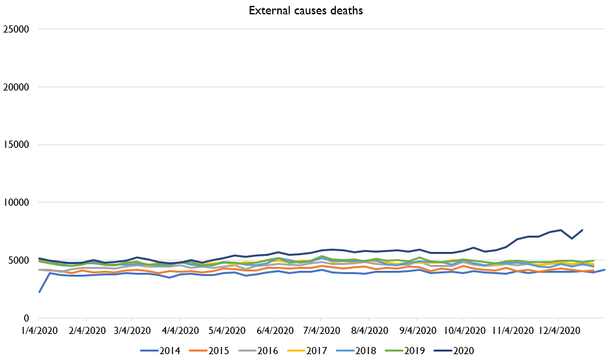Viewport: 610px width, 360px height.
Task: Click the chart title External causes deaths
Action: tap(304, 10)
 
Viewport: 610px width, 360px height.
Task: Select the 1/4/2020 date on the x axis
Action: tap(40, 330)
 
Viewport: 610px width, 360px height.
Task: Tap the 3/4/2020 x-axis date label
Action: tap(133, 330)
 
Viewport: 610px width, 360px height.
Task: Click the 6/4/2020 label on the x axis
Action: tap(275, 330)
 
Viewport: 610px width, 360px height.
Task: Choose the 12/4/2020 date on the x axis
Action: tap(559, 330)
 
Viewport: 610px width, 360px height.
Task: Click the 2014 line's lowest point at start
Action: tap(40, 292)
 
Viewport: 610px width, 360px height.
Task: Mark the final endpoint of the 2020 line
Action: tap(582, 230)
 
